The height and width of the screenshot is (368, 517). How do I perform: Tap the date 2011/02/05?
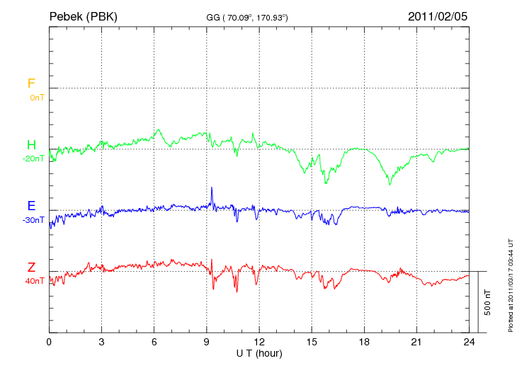pos(437,16)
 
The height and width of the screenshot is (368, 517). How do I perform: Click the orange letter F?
pos(31,84)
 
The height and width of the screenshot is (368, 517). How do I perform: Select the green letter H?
pos(31,145)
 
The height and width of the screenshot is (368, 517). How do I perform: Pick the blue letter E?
pos(31,207)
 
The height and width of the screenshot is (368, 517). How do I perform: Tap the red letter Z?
pos(31,268)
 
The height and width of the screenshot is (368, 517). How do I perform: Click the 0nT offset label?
pos(36,98)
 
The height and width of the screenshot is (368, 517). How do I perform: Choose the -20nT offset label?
pos(33,159)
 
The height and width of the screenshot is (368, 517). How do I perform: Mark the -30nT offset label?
pos(33,220)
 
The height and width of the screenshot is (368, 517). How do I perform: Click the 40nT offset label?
pos(34,281)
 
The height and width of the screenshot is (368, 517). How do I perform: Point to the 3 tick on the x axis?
pos(101,342)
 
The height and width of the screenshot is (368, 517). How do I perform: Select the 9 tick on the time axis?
pos(207,342)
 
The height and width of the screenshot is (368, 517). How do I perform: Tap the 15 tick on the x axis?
pos(312,342)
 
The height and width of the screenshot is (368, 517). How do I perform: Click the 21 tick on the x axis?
pos(417,342)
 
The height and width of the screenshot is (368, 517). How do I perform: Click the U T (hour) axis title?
pos(259,352)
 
